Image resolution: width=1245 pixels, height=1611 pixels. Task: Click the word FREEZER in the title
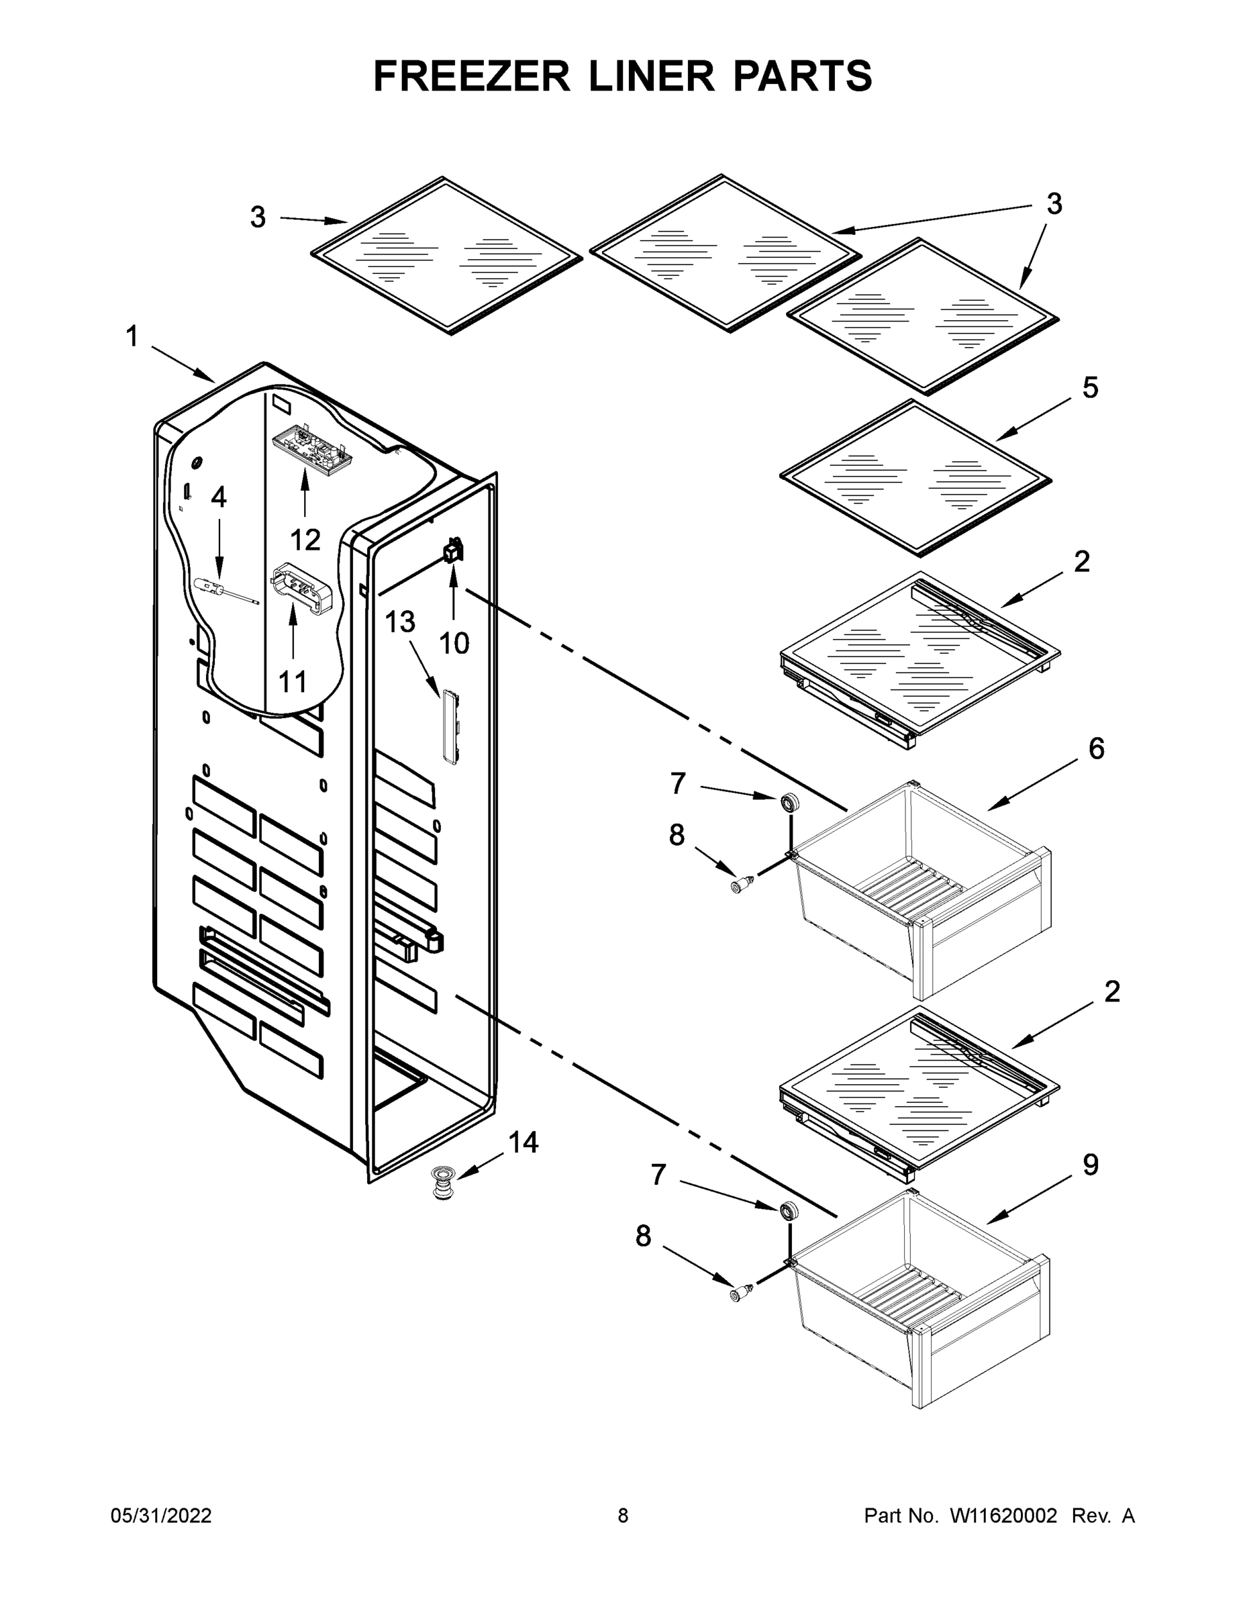click(x=471, y=76)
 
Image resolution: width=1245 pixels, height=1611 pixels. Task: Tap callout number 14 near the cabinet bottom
click(x=523, y=1142)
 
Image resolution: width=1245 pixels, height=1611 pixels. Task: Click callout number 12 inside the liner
click(x=305, y=540)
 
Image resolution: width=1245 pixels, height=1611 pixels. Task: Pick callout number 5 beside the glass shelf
click(x=1090, y=387)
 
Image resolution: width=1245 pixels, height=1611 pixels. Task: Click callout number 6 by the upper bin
click(x=1097, y=748)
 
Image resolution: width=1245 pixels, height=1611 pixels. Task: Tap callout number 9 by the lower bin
click(x=1090, y=1165)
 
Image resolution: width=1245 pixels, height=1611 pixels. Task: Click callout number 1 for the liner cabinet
click(x=132, y=337)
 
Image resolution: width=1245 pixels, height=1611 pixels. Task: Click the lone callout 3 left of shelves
click(x=258, y=217)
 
